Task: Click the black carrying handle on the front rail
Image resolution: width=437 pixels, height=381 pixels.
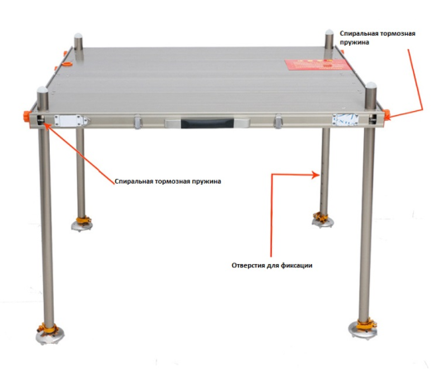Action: point(207,123)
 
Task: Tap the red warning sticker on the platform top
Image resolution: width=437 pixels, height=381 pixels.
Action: point(318,65)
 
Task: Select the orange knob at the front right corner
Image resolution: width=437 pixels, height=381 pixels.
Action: point(386,114)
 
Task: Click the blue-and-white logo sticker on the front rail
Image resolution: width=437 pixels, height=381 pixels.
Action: point(345,119)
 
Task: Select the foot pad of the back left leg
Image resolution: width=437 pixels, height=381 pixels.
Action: point(81,224)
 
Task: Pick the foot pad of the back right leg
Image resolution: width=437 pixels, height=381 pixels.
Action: point(323,219)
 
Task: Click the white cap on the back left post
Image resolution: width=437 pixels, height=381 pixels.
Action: point(78,36)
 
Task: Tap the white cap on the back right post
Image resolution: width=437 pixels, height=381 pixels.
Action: point(329,31)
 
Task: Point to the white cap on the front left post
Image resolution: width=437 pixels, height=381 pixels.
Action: point(43,89)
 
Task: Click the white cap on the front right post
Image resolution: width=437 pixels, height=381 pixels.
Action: point(371,84)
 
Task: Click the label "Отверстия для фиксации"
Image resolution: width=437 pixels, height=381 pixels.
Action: point(272,265)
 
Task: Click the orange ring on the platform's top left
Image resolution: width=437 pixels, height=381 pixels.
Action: point(67,65)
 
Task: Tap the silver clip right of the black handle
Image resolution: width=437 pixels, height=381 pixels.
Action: point(278,122)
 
